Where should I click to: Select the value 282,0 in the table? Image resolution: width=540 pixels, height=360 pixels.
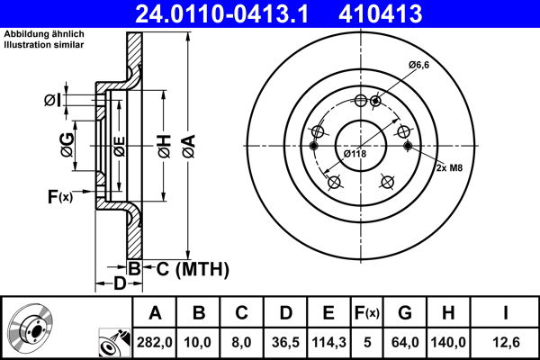(156, 340)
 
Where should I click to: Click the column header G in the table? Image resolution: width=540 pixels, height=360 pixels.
(405, 313)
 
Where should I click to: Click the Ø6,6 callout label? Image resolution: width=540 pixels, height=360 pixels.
(420, 65)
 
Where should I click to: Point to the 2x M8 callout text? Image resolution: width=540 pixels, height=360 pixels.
(450, 168)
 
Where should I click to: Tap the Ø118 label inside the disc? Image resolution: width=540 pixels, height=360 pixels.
(355, 154)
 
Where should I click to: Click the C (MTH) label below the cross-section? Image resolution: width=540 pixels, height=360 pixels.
(186, 269)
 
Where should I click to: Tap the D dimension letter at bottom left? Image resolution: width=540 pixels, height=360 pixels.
(119, 283)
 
